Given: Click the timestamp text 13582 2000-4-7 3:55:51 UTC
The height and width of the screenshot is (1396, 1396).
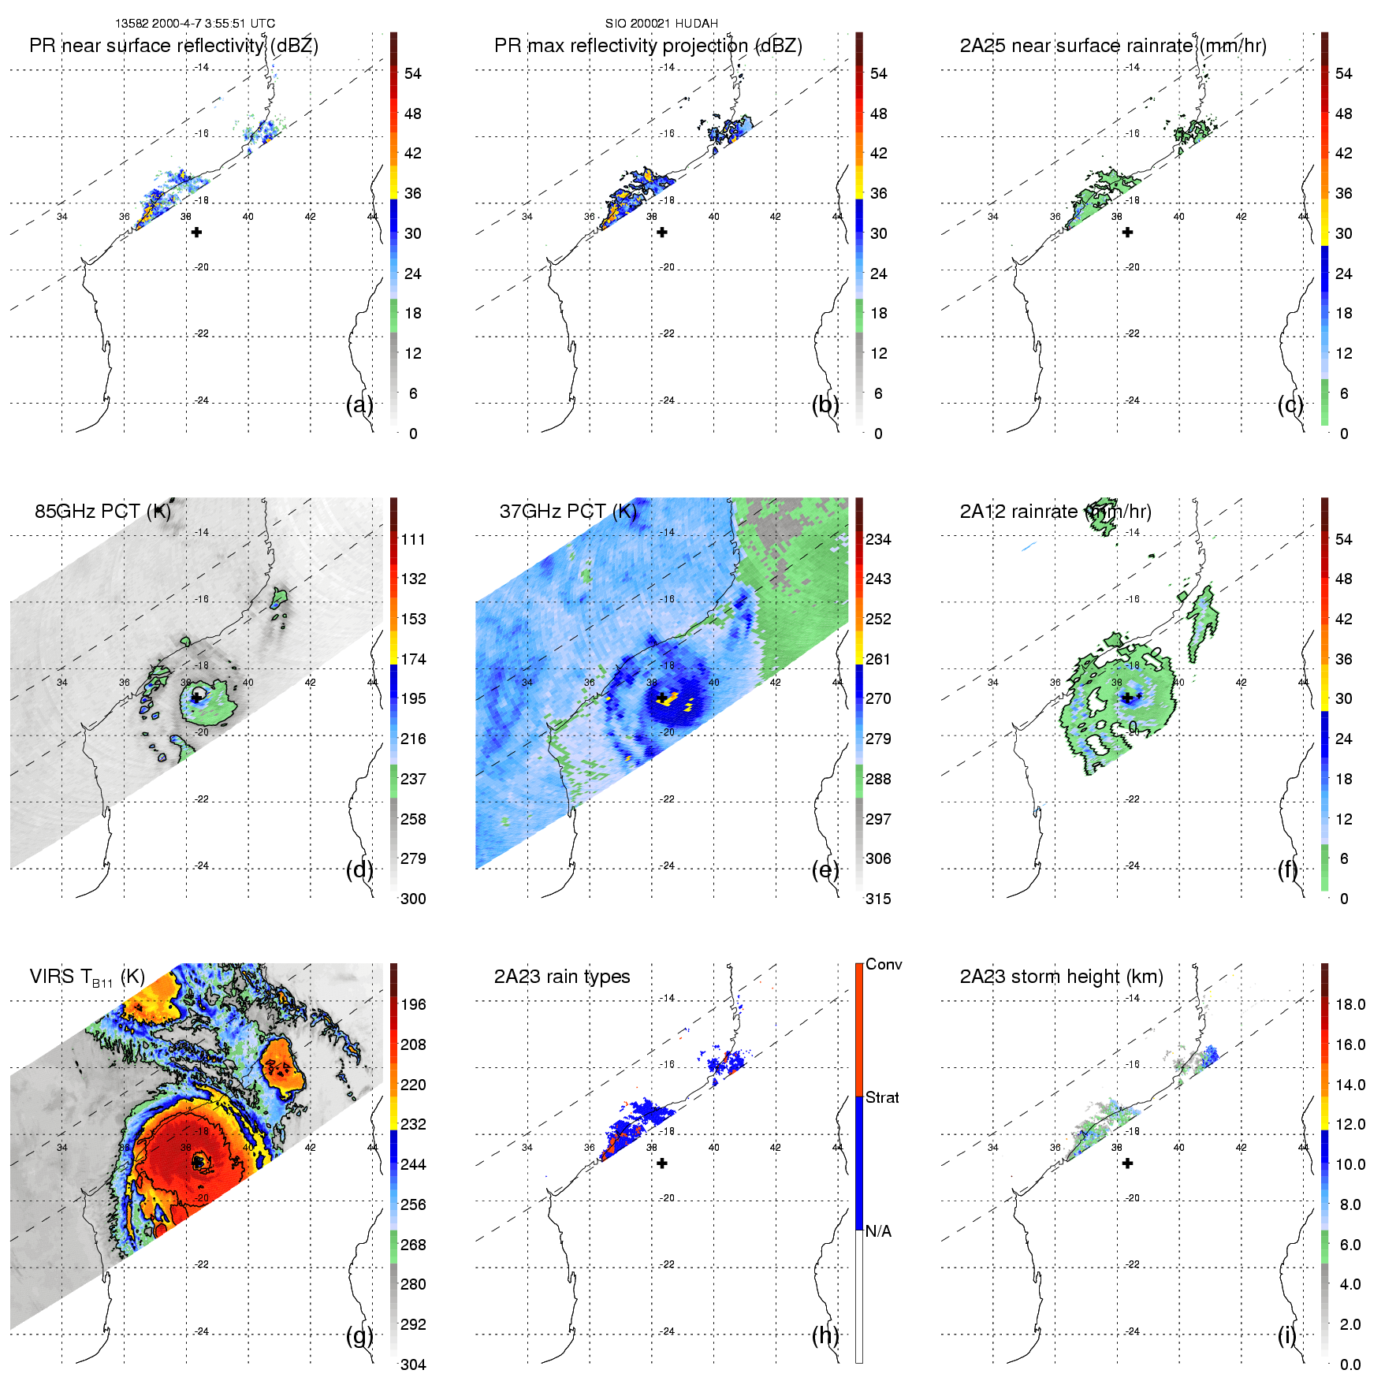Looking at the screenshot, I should [x=195, y=24].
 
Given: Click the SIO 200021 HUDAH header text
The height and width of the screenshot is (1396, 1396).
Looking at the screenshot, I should [x=661, y=24].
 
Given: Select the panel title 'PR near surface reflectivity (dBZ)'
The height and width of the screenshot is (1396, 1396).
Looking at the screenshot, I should [x=173, y=46].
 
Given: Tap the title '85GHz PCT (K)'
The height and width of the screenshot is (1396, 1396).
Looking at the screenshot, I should [x=102, y=512].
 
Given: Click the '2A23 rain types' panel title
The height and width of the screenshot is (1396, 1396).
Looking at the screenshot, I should [x=562, y=977].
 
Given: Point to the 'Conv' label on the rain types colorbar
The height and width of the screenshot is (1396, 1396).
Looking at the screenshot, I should [x=884, y=965].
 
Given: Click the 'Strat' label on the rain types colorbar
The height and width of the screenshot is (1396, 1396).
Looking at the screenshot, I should [x=882, y=1098].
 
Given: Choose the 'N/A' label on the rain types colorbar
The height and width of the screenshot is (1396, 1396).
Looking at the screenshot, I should [x=878, y=1231].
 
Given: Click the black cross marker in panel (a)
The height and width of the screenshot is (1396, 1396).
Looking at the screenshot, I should [x=196, y=233].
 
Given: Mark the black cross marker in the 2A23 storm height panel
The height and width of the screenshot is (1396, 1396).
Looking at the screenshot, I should [x=1127, y=1163].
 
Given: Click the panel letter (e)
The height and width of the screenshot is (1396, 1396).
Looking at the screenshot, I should [x=825, y=870].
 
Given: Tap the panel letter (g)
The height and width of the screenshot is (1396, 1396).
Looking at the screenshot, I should [x=359, y=1335].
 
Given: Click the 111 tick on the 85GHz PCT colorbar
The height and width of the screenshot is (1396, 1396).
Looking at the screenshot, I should [x=413, y=540].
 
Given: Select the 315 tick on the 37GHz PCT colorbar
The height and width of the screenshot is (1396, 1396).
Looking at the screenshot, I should [x=878, y=899].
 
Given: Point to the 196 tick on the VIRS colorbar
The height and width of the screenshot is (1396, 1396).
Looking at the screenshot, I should [x=413, y=1005].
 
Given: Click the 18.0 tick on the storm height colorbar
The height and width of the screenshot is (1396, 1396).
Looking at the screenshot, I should [x=1349, y=1005].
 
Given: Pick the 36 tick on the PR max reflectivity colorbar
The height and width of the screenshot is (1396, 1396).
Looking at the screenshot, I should [x=878, y=194].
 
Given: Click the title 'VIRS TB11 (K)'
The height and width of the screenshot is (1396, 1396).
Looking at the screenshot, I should [x=87, y=977].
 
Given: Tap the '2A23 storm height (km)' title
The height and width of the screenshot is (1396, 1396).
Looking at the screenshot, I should [x=1061, y=977].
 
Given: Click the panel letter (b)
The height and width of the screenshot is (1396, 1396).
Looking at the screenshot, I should [x=825, y=405].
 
